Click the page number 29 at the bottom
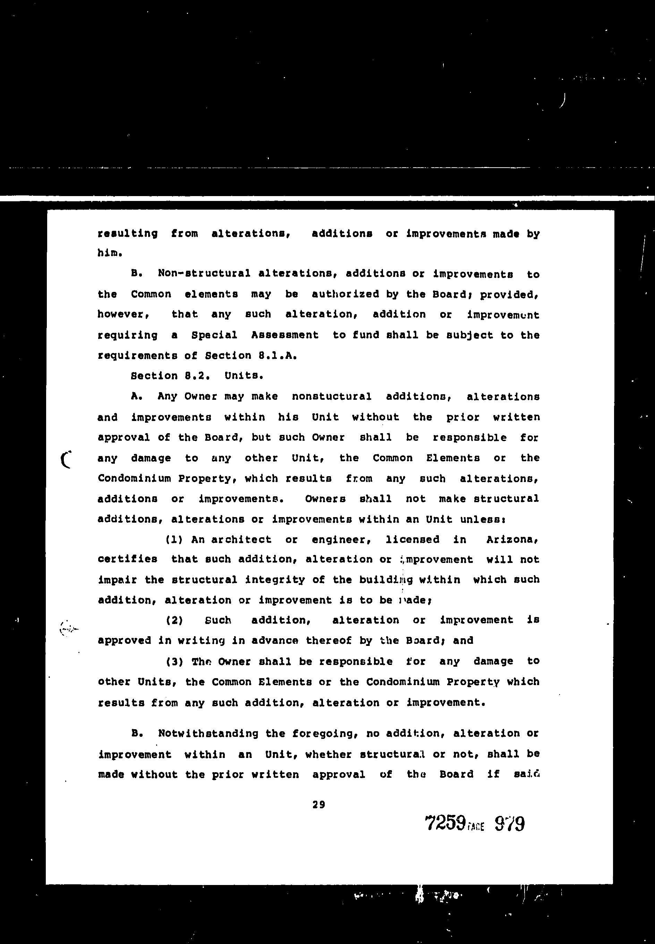(x=318, y=805)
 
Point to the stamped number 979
(x=510, y=823)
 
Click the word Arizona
(x=512, y=540)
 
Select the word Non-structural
(x=204, y=273)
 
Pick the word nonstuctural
(x=332, y=396)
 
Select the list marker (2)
(x=174, y=620)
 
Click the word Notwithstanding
(x=208, y=733)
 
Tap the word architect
(x=241, y=540)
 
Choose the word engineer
(x=341, y=540)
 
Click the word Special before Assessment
(x=214, y=335)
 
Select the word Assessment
(x=285, y=335)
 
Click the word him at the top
(x=109, y=253)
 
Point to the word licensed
(x=412, y=540)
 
